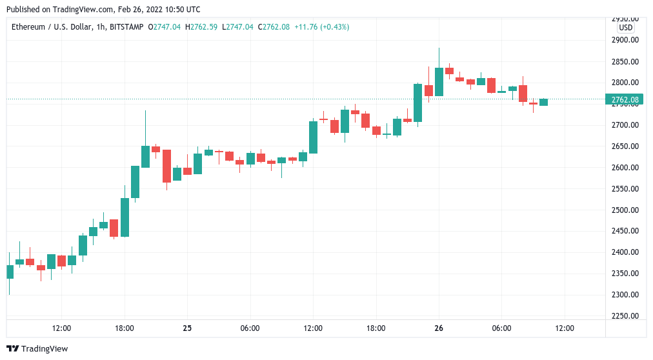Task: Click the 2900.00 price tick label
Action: pos(625,40)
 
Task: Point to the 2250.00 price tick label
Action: pos(625,316)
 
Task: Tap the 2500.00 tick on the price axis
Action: pos(625,210)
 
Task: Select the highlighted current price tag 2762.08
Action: pos(625,99)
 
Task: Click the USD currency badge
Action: pos(625,28)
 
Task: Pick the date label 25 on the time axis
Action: pos(187,328)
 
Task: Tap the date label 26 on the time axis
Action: pos(439,328)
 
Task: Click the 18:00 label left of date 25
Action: pos(125,328)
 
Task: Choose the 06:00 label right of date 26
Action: pos(501,328)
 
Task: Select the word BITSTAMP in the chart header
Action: pos(126,27)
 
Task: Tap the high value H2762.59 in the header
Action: pos(201,27)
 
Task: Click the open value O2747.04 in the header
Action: pos(164,27)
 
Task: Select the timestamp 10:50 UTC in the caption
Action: pos(182,10)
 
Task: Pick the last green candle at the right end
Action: pos(543,102)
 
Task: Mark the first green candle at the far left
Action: pos(10,272)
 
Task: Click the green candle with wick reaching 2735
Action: pos(146,157)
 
